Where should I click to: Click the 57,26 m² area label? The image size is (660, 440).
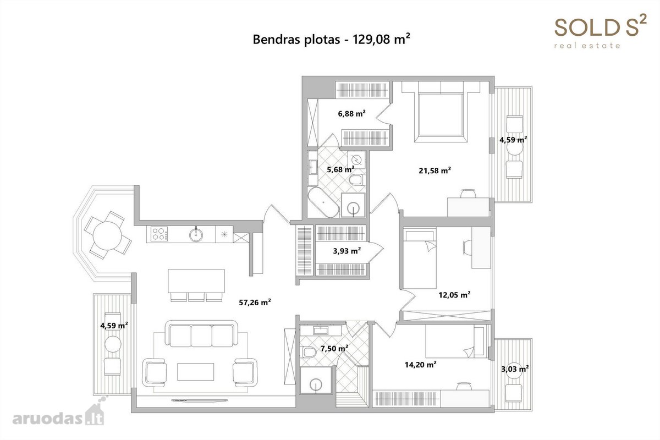[255, 302]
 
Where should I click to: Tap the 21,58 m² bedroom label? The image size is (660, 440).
[435, 170]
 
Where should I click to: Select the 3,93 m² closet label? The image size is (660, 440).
[347, 251]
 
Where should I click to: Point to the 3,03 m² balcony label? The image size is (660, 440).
[515, 369]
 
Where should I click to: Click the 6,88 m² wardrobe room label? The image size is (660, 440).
[352, 113]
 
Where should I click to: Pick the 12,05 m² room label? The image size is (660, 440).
[454, 295]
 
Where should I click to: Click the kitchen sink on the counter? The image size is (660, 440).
[196, 235]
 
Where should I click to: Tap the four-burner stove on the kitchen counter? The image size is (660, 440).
[159, 234]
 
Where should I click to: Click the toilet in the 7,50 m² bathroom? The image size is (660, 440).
[309, 352]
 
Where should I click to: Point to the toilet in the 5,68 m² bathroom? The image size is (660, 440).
[356, 180]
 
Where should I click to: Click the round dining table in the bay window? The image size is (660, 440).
[107, 236]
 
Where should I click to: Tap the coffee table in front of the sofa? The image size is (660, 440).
[196, 372]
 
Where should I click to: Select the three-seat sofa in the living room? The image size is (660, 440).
[201, 334]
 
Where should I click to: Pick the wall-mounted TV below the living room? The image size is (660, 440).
[200, 400]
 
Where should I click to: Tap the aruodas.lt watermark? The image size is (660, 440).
[58, 415]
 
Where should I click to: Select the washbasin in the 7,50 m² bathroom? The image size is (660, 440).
[321, 331]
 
